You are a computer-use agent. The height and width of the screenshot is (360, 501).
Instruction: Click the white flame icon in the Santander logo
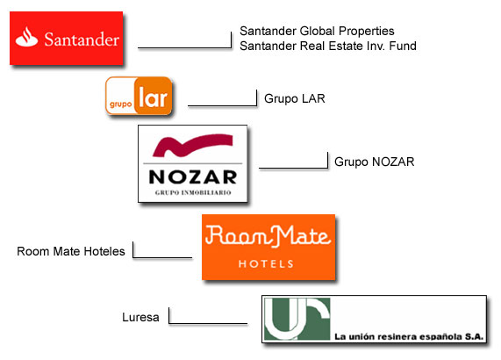click(26, 37)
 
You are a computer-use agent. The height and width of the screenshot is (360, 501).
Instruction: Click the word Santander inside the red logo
click(82, 40)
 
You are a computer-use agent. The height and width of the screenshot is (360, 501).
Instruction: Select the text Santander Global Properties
click(317, 31)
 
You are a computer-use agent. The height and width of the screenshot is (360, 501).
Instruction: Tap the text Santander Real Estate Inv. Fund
click(328, 46)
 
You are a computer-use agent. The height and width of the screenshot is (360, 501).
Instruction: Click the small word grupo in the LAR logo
click(120, 104)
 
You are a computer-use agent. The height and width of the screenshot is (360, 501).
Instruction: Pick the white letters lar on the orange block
click(153, 97)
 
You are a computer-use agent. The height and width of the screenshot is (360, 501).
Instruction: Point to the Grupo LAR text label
click(295, 98)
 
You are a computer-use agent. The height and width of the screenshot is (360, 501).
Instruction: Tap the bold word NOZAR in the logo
click(193, 176)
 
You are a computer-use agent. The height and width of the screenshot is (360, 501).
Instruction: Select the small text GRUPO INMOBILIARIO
click(193, 192)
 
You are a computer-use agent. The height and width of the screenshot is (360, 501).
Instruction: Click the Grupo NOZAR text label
click(374, 162)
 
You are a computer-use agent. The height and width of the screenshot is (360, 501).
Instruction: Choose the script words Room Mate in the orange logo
click(268, 236)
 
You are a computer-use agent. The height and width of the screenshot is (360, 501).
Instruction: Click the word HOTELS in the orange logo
click(266, 263)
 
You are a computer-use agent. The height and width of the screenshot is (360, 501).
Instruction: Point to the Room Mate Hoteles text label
click(71, 251)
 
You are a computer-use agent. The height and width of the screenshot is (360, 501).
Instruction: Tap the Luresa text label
click(140, 317)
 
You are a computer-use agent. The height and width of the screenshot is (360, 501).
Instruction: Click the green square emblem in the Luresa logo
click(297, 319)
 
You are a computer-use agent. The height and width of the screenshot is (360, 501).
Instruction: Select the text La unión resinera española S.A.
click(409, 336)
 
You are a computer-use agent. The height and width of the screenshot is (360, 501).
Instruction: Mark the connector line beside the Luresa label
click(208, 323)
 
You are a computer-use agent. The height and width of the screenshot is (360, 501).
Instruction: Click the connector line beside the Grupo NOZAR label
click(293, 168)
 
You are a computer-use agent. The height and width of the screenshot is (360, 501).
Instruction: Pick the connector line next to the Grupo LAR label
click(222, 105)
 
